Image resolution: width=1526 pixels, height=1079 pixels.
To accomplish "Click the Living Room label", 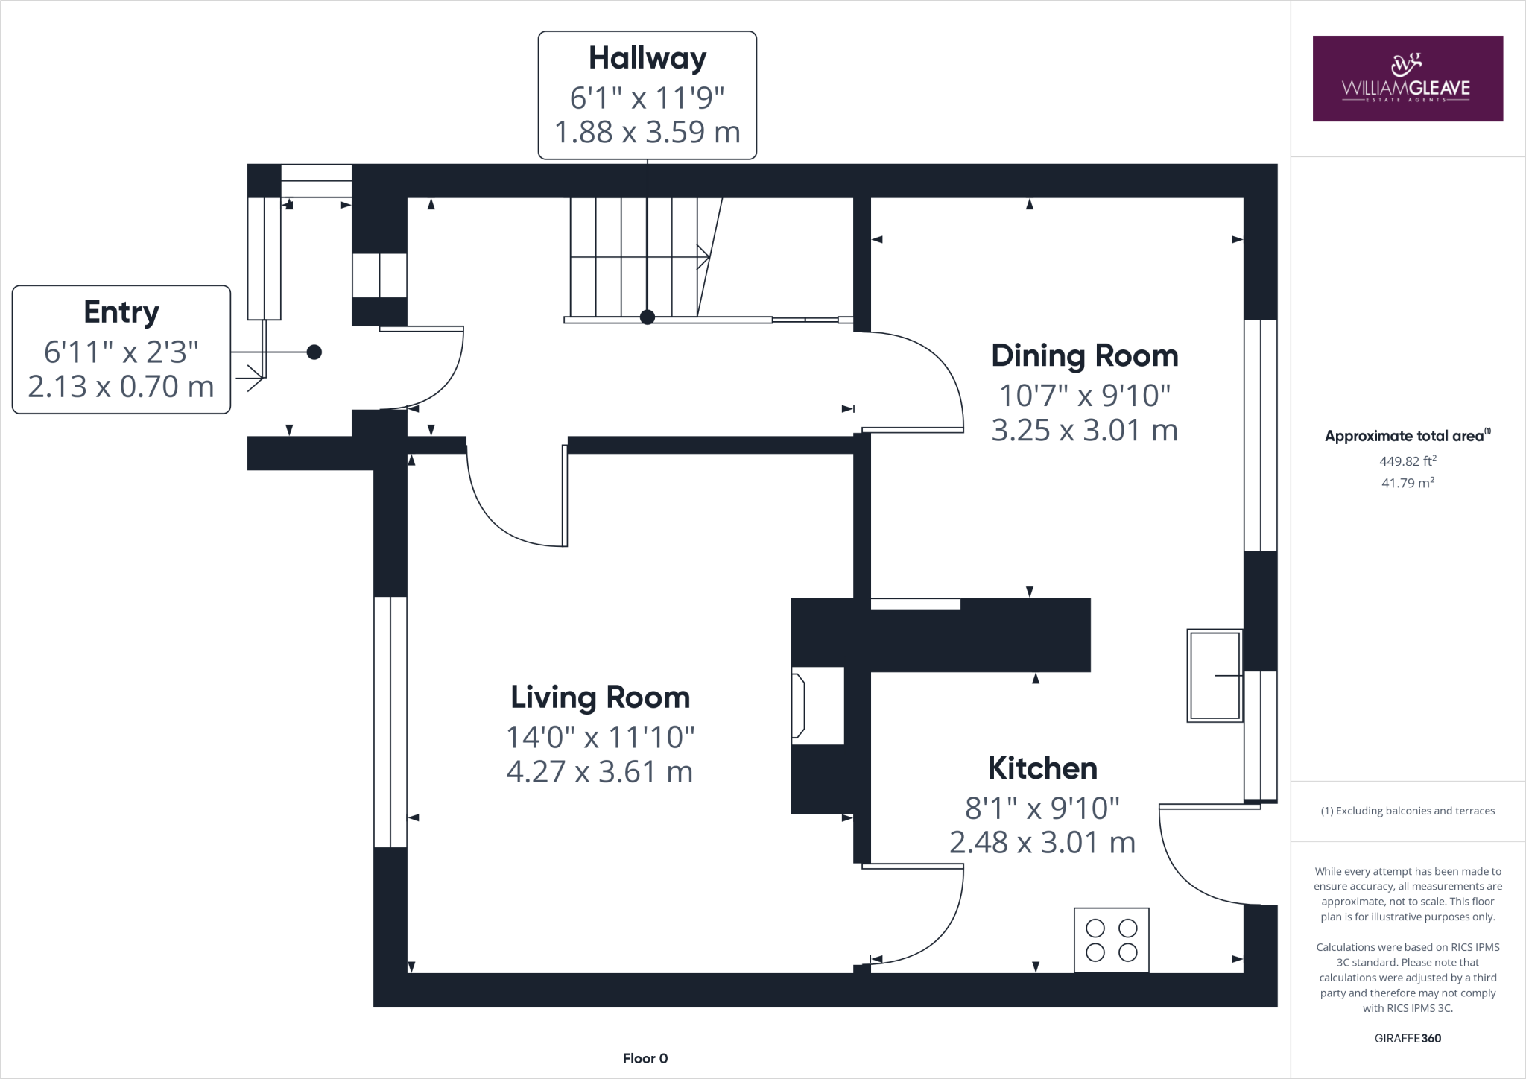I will click(600, 697).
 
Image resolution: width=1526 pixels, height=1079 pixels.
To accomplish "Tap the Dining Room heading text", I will click(1084, 355).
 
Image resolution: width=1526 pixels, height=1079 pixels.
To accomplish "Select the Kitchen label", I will click(1042, 768).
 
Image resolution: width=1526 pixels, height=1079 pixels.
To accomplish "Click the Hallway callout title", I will click(647, 58).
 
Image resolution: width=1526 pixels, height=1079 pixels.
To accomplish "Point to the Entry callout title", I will click(121, 312).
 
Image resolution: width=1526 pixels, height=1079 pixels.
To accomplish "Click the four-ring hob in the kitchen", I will click(1111, 940).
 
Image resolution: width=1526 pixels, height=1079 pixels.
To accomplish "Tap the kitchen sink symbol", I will click(1214, 675).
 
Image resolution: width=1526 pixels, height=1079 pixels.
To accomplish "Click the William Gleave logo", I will click(1407, 79).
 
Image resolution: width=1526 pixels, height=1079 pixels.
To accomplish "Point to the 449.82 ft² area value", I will click(1407, 461).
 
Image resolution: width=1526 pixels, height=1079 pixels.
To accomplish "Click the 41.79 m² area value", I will click(1407, 483).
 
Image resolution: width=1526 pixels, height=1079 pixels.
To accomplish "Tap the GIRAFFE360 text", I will click(1407, 1038).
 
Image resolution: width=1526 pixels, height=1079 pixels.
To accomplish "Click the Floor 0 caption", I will click(645, 1058).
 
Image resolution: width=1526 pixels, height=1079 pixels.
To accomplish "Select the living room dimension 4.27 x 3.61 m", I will click(600, 772).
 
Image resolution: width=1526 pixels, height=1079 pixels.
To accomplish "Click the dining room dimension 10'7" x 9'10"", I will click(1084, 396).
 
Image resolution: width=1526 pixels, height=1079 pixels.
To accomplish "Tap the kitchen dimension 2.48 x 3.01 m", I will click(1042, 843).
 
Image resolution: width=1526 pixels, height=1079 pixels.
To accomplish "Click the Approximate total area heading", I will click(1406, 437).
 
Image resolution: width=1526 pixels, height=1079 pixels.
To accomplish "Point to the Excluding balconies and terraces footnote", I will click(1407, 811).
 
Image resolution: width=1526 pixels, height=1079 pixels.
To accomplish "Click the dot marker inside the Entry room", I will click(314, 352).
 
